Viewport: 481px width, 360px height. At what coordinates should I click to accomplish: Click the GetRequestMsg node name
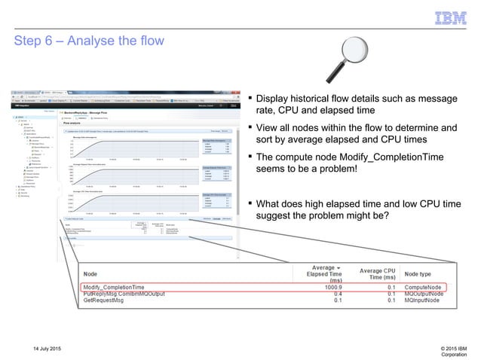[x=107, y=301]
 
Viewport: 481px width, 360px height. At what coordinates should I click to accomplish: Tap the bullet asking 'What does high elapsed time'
[x=354, y=209]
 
